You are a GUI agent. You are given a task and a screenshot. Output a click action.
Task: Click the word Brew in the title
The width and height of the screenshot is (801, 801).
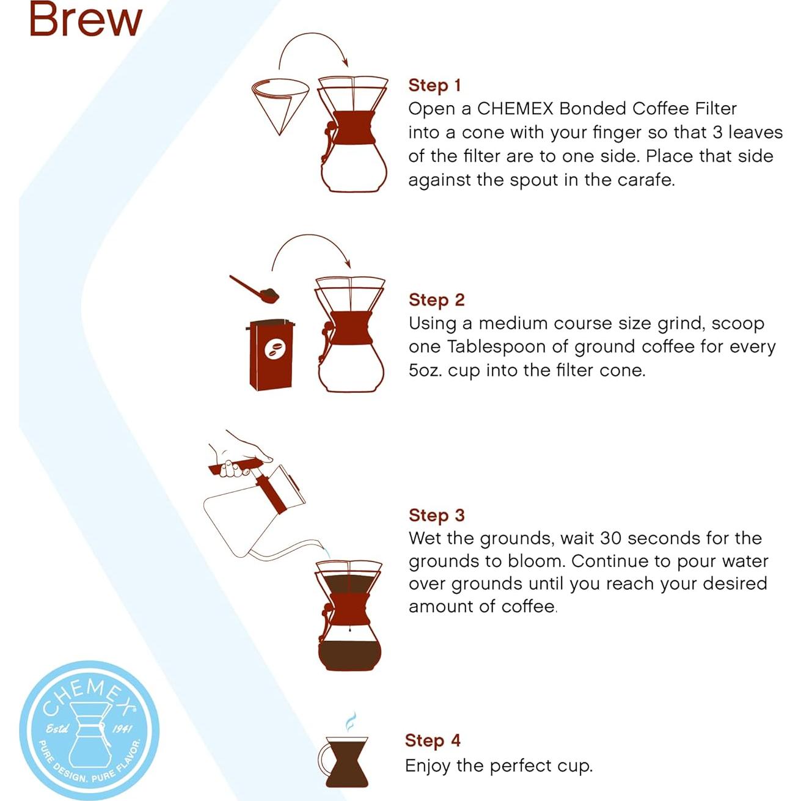86,20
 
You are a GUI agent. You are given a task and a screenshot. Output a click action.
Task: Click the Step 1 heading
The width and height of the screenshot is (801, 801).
434,86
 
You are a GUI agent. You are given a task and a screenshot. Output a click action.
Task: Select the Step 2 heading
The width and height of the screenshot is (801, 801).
436,300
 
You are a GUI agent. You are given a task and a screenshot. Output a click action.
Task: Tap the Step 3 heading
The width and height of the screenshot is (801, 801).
436,515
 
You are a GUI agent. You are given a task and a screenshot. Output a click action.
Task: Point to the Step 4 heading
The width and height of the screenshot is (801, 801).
433,741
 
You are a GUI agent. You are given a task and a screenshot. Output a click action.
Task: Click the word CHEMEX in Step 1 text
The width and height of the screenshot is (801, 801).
515,109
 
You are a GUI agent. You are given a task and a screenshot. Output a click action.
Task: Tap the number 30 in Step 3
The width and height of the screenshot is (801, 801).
611,538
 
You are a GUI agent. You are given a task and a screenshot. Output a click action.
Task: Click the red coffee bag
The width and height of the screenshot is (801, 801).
271,355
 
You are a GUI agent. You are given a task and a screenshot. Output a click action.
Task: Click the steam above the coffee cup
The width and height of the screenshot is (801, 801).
350,722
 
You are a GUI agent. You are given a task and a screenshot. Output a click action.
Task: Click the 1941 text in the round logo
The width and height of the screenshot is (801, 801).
122,728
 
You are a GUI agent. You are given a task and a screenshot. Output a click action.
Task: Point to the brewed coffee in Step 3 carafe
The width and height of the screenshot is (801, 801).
349,654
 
